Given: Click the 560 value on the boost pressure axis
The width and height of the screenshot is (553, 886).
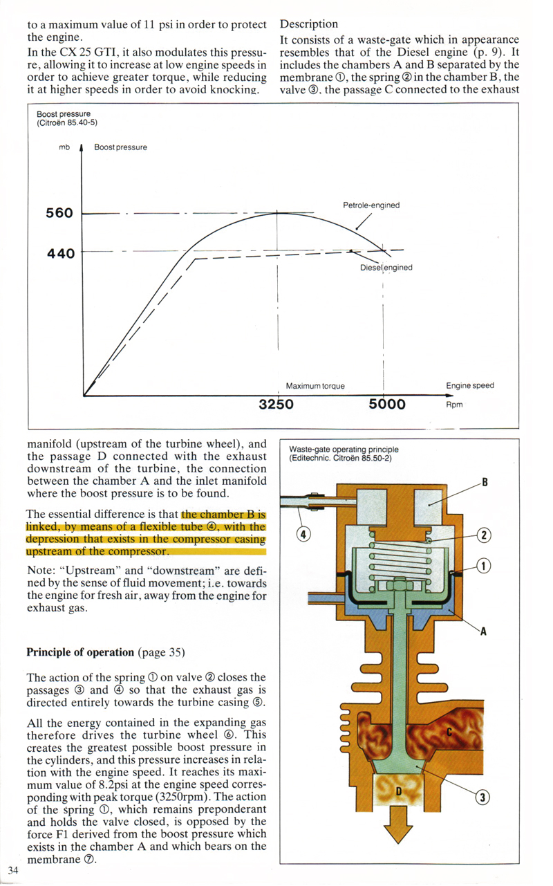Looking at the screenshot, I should click(59, 213).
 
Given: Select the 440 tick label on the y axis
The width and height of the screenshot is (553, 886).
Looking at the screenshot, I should click(60, 253).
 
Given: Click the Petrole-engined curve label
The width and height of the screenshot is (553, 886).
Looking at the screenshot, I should click(371, 205).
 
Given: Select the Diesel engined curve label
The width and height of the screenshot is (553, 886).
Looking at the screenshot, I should click(386, 268).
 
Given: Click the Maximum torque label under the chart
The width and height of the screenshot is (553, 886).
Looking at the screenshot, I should click(315, 386).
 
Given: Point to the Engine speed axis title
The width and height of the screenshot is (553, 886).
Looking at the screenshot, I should click(470, 386).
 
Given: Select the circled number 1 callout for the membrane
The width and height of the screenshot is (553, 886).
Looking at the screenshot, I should click(485, 566).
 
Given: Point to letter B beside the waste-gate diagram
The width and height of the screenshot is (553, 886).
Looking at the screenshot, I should click(485, 482).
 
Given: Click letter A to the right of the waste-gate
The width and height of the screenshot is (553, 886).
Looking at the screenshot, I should click(484, 630).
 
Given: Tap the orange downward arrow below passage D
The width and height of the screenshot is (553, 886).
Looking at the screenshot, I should click(397, 826).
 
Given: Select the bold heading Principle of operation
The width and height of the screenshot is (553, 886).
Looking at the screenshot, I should click(80, 652).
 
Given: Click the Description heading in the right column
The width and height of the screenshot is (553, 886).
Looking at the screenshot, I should click(309, 24).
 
